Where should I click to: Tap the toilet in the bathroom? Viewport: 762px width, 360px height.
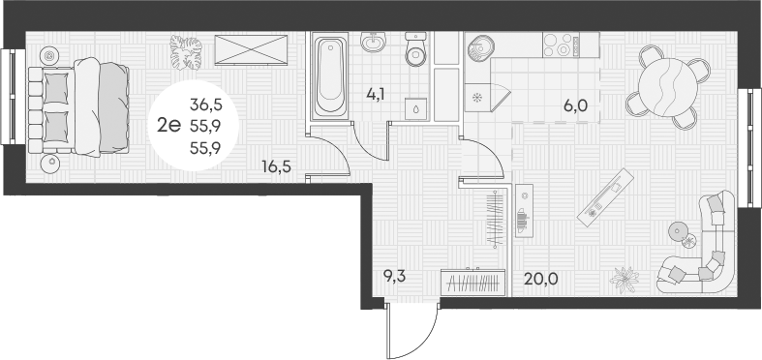(414, 50)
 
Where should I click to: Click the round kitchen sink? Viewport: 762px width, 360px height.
(479, 45)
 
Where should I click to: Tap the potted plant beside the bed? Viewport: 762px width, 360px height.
(185, 52)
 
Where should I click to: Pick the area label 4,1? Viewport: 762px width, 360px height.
(376, 95)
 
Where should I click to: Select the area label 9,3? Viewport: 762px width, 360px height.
(393, 277)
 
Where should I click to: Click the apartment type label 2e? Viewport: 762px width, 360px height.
(170, 122)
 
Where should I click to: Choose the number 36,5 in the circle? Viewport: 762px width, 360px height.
(204, 104)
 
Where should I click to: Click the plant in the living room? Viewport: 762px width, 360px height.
(625, 278)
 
